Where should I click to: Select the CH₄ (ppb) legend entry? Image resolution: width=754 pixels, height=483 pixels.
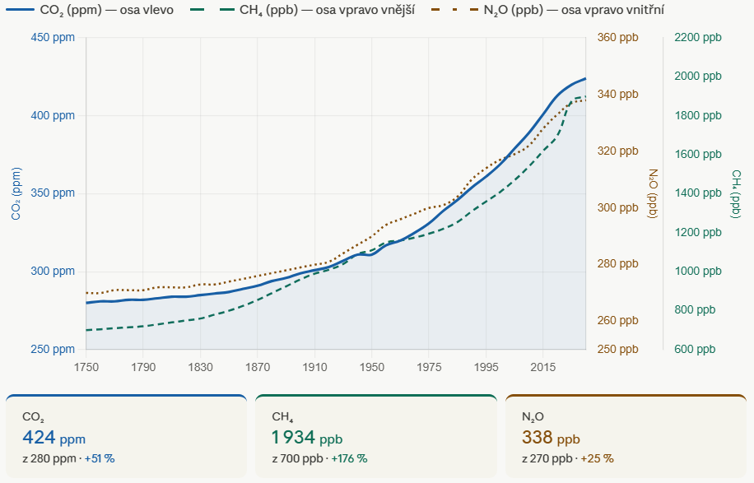coord(304,10)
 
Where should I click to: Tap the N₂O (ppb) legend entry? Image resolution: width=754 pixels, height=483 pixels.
coord(548,10)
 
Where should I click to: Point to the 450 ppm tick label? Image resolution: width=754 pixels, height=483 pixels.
coord(53,38)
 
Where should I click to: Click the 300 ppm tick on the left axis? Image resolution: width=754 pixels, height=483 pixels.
coord(53,271)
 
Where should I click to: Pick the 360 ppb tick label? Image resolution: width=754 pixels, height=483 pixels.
coord(618,38)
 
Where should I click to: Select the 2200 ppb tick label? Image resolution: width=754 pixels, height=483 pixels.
coord(698,38)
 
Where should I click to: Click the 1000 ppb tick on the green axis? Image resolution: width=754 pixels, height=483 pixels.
coord(698,271)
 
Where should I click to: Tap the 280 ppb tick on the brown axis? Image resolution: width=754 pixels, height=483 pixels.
coord(618,264)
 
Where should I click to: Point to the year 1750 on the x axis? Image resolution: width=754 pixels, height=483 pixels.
coord(86,368)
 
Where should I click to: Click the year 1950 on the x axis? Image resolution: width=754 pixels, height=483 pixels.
coord(372,368)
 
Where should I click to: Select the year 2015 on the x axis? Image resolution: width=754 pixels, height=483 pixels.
coord(543,368)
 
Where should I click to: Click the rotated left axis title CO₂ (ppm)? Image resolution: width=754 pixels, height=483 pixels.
coord(16,193)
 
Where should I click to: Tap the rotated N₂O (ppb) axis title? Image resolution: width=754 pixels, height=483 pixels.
coord(653,193)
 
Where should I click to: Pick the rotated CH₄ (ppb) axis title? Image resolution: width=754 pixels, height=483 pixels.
coord(736,193)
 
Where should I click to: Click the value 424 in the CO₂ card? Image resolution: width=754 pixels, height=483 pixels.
coord(39,438)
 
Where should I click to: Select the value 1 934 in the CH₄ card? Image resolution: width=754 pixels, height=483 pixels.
coord(293,438)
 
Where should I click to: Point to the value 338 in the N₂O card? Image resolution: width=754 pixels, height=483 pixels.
coord(538,438)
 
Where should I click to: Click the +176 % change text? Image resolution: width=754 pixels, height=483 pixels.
coord(349,459)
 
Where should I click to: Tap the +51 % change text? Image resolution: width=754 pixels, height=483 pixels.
coord(100,459)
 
